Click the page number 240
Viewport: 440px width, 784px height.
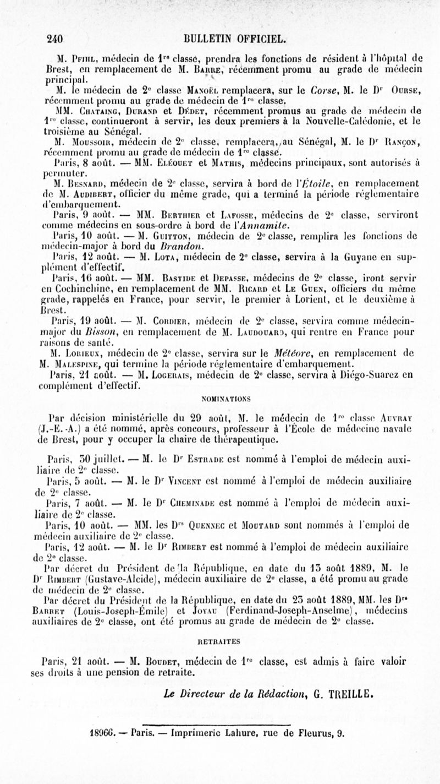[56, 39]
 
